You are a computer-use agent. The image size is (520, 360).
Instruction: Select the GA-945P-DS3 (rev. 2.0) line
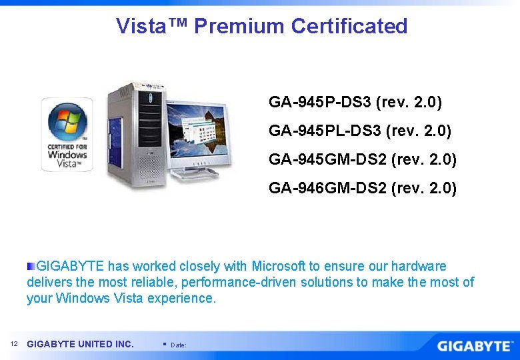(x=355, y=103)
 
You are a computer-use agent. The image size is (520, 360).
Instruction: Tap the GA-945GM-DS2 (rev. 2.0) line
(x=363, y=160)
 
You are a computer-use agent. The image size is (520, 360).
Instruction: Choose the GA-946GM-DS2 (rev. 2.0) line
(x=363, y=189)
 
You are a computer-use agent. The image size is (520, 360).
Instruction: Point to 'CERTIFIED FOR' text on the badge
(x=67, y=146)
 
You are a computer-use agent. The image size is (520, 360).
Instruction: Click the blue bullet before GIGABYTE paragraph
(x=31, y=266)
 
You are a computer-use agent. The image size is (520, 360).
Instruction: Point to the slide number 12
(x=14, y=344)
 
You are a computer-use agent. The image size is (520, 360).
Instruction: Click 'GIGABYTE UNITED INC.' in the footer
(x=80, y=344)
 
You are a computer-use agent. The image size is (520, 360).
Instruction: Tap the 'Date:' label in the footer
(x=179, y=345)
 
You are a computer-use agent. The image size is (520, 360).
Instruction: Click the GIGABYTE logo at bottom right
(x=474, y=346)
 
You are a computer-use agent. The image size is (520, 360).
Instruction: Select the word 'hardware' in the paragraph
(x=418, y=266)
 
